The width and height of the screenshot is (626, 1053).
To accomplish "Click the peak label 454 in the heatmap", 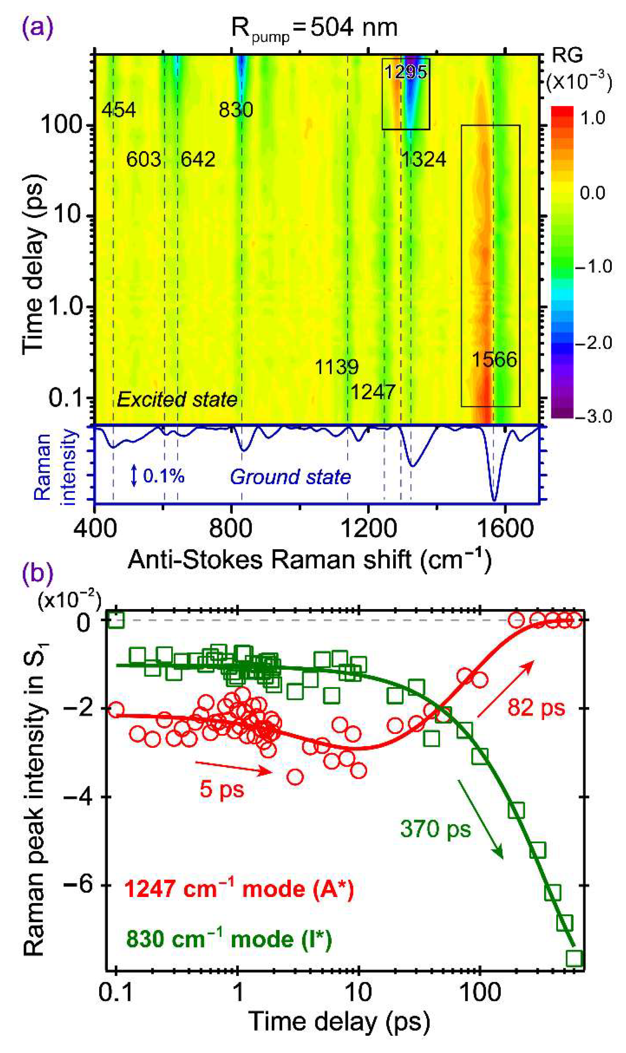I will (x=118, y=110).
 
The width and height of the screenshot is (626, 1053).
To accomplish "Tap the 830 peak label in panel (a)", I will (x=236, y=110).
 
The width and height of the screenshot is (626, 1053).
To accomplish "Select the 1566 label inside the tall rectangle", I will (x=494, y=360).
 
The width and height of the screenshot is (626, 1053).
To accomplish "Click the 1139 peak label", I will (x=337, y=367).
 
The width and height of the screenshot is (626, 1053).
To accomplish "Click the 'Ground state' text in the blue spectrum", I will (x=290, y=477).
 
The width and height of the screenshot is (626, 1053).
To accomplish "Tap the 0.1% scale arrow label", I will (x=163, y=476).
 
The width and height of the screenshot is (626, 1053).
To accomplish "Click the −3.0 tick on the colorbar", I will (x=594, y=417).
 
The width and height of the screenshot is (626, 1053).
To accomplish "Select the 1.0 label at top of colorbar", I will (x=592, y=118).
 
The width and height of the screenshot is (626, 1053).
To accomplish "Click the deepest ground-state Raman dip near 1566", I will (x=494, y=500).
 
